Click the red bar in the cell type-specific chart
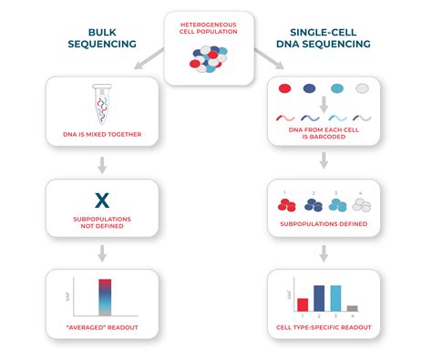click(x=302, y=304)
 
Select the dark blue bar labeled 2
click(x=319, y=298)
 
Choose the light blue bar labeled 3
click(x=335, y=298)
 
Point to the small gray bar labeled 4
click(x=352, y=308)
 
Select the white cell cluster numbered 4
click(x=362, y=205)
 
